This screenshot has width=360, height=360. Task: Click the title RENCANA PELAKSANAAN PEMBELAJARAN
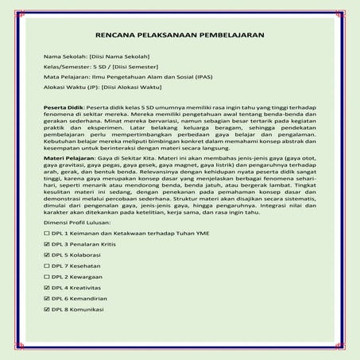pos(180,37)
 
